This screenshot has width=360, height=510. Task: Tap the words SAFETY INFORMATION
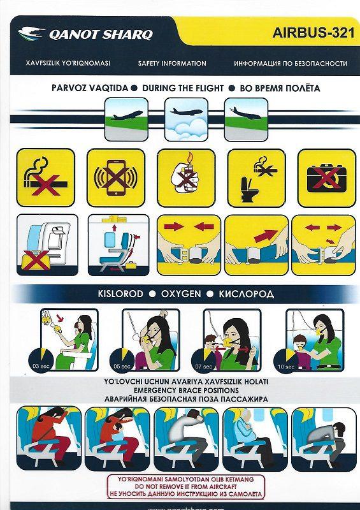coord(172,64)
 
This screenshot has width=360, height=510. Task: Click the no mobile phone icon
coord(115,178)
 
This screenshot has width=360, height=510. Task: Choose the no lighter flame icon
coord(185,178)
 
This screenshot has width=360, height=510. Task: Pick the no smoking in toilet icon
coord(256,178)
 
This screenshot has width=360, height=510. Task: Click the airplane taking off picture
coord(127,119)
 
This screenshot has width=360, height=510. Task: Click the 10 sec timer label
coord(289,367)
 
